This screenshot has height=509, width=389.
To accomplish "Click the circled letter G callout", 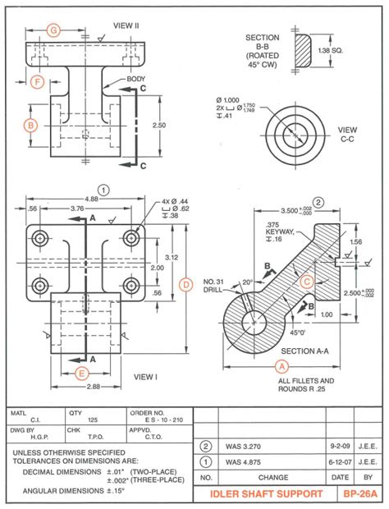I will tap(53, 30).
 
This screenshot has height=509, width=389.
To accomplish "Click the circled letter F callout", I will tap(36, 81).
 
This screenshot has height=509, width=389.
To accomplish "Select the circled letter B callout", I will tap(30, 125).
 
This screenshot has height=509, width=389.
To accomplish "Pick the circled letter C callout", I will tap(306, 281).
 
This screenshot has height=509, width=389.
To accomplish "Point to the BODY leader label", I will tap(135, 79).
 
